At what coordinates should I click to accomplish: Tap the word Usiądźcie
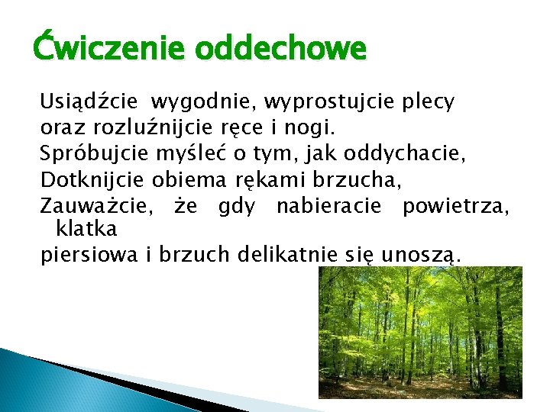coord(89,101)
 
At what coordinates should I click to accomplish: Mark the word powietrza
coord(455,206)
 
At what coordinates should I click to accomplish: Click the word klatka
coord(86,227)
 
